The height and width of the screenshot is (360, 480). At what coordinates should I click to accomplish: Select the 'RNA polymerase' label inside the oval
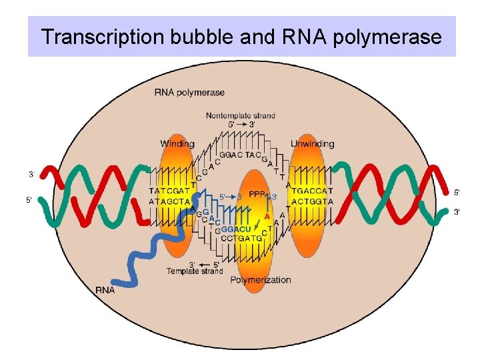point(189,93)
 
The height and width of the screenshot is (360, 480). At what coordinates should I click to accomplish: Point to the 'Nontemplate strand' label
point(240,115)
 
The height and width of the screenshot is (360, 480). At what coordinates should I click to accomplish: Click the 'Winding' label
point(177,144)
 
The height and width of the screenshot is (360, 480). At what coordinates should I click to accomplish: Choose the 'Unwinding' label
point(312,144)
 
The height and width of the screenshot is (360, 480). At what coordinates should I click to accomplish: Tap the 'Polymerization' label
point(261,280)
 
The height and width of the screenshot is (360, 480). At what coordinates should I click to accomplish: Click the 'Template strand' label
point(195,271)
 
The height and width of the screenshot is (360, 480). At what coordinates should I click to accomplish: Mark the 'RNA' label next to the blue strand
point(105,290)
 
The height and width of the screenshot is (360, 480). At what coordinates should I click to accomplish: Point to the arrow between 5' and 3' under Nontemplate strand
point(241,124)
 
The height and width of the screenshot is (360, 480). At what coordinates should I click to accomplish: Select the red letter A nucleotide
point(267,217)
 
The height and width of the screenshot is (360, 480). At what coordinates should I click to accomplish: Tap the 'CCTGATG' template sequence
point(241,237)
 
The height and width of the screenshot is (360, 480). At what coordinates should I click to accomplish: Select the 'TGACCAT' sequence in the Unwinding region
point(312,191)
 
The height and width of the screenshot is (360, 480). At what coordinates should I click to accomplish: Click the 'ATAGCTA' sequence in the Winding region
point(171,201)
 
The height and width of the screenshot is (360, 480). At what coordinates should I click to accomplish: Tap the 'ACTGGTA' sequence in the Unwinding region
point(312,201)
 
